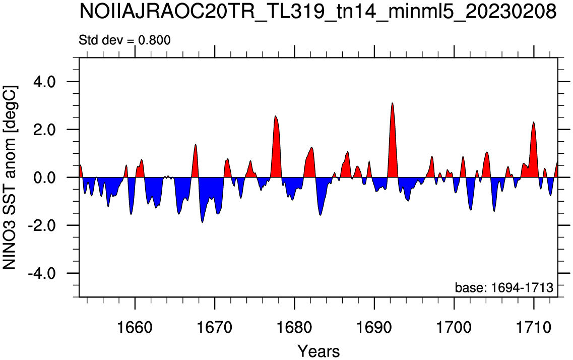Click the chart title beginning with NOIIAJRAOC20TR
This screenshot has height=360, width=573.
tap(317, 13)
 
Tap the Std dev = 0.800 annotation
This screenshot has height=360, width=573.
tap(124, 40)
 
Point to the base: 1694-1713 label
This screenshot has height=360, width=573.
tap(504, 287)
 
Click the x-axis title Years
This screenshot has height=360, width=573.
tap(319, 351)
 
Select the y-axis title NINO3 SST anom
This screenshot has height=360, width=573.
tap(10, 177)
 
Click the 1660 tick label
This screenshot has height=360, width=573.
tap(135, 327)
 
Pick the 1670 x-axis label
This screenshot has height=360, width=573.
tap(215, 327)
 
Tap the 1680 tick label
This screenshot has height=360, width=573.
tap(294, 327)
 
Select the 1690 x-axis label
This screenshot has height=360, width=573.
tap(374, 327)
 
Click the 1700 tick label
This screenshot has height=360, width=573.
tap(454, 327)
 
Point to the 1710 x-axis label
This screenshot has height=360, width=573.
tap(534, 327)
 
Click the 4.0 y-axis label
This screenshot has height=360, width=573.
tap(44, 82)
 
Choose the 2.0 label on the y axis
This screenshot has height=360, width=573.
tap(44, 130)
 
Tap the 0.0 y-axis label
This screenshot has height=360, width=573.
tap(44, 177)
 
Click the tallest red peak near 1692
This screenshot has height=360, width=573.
tap(392, 103)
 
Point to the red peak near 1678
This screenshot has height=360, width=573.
tap(276, 116)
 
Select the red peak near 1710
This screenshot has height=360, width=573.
tap(534, 122)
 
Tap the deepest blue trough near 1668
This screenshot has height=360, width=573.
tap(203, 222)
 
